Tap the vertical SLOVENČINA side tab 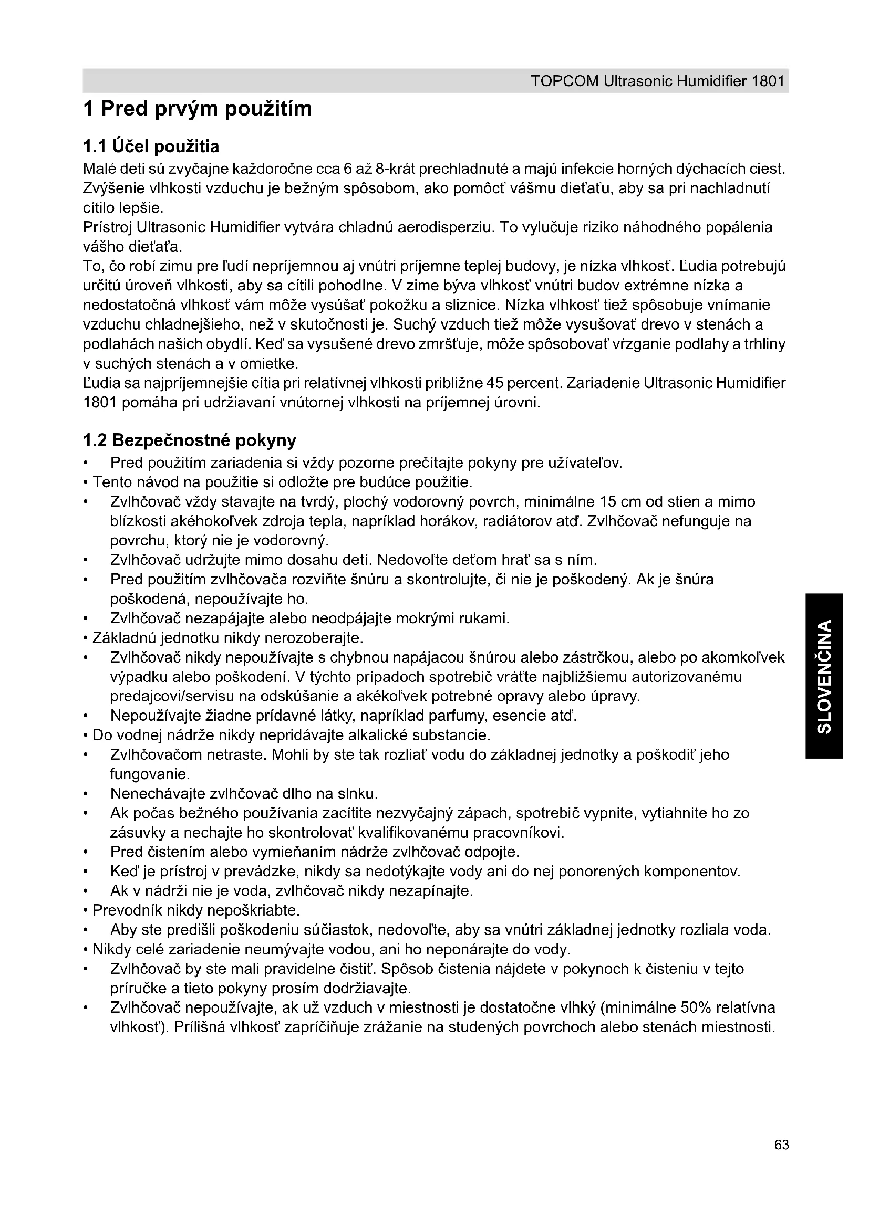point(824,676)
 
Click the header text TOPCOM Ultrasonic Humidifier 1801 point(658,81)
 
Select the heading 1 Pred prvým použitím point(198,109)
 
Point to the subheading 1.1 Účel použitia point(151,146)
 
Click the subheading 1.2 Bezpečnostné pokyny point(190,440)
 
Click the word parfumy point(456,716)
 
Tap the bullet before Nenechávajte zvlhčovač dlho point(86,794)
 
